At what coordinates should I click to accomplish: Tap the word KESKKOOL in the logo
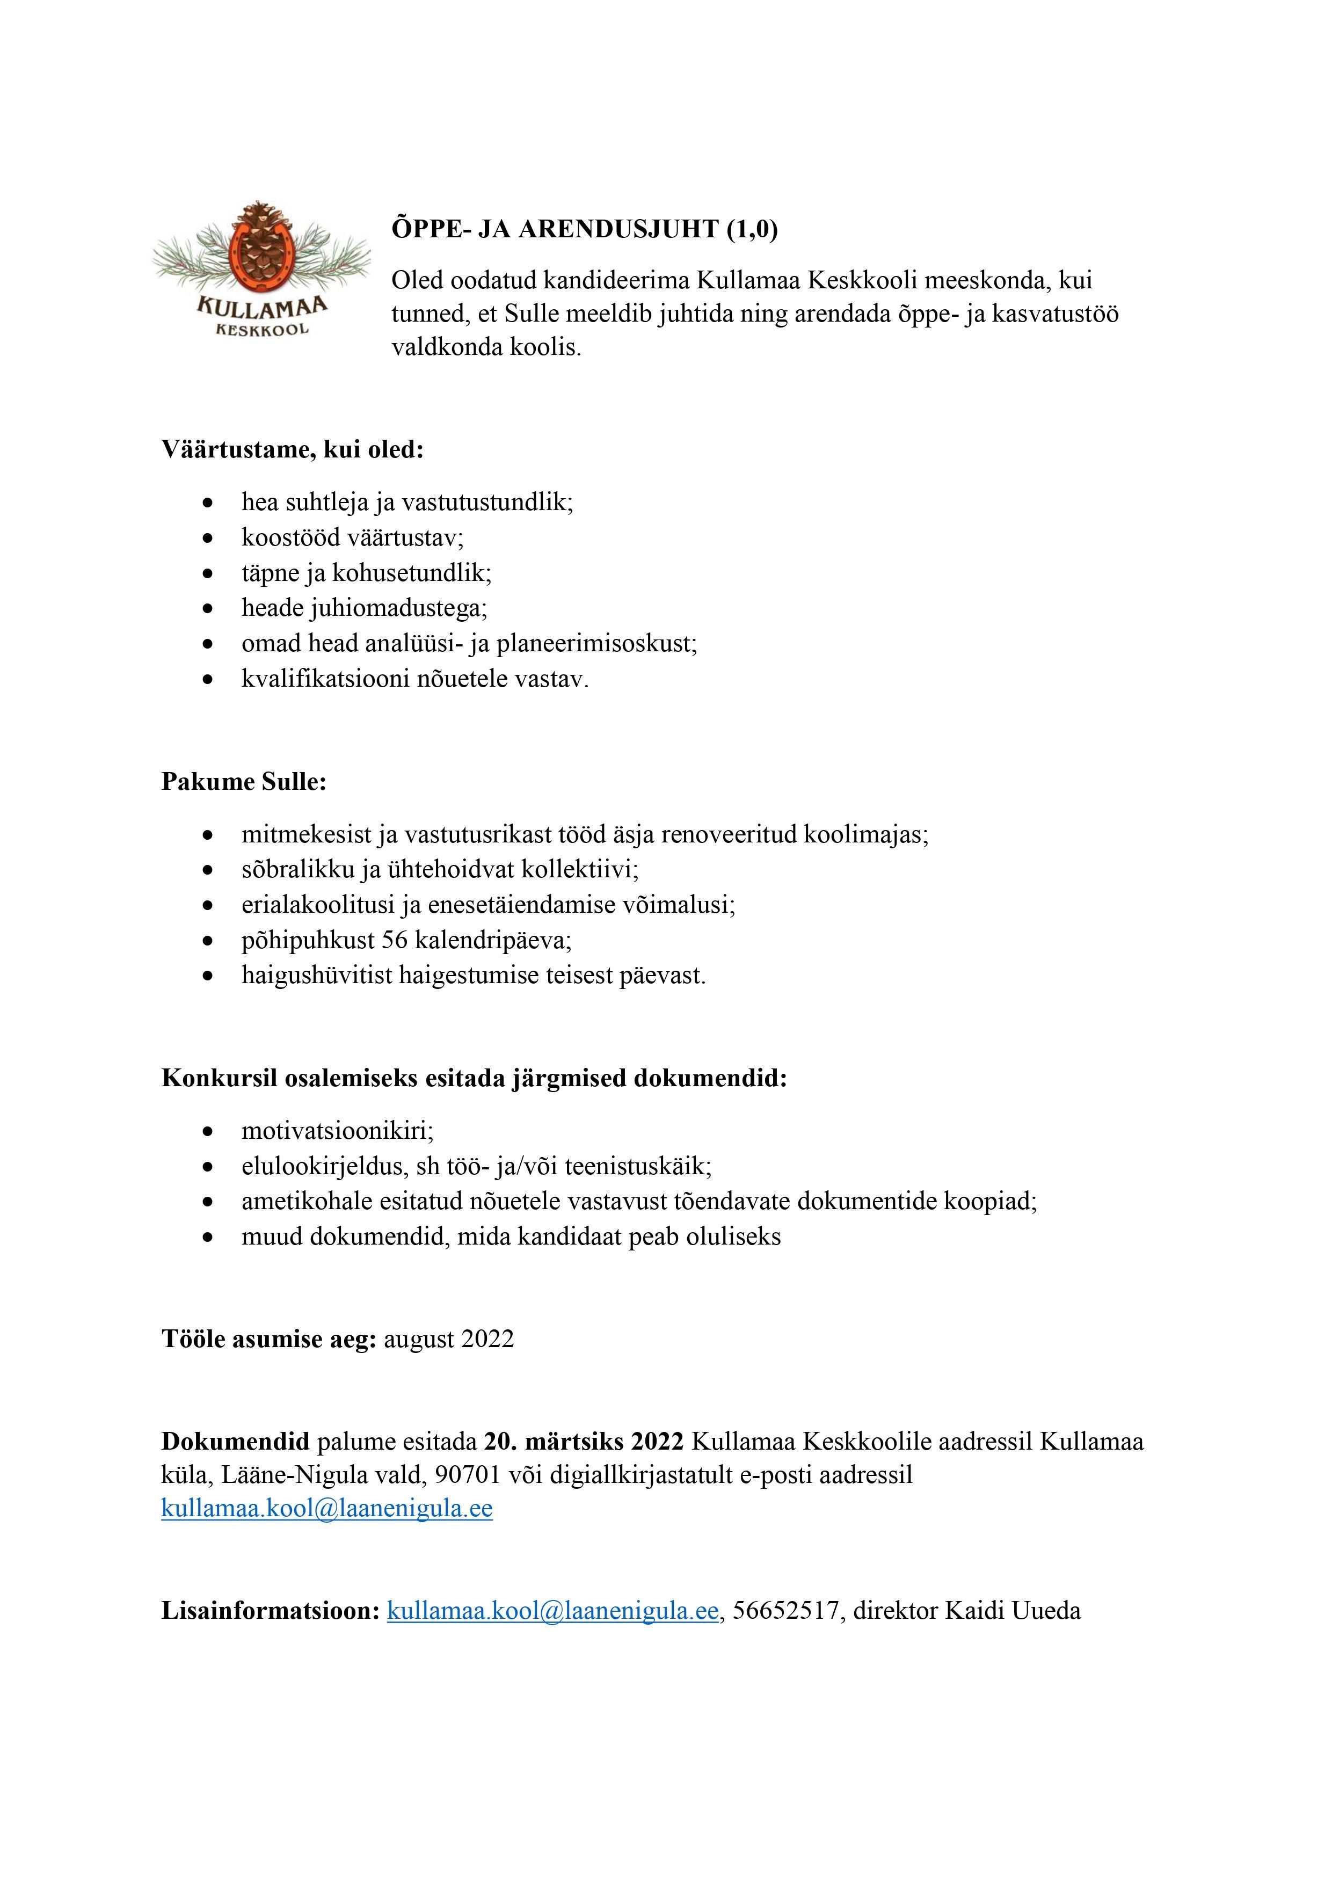point(262,330)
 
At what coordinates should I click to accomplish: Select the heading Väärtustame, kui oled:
point(292,450)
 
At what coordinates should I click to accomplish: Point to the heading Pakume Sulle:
point(244,781)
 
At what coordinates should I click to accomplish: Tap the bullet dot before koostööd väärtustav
point(210,539)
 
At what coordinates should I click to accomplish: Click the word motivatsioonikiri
point(337,1131)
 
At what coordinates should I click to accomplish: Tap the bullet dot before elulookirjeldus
point(210,1167)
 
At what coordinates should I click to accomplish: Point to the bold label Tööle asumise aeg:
point(268,1339)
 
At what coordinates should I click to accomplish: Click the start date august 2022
point(449,1339)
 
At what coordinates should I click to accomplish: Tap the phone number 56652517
point(786,1611)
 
